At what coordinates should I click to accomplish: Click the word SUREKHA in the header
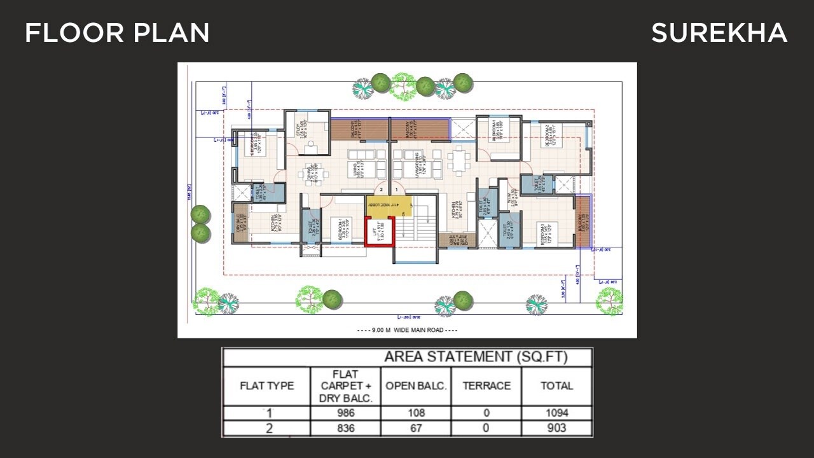tap(719, 33)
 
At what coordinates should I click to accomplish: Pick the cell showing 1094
tap(556, 413)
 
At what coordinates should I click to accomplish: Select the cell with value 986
tap(345, 413)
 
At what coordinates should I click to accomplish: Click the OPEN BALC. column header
tap(417, 385)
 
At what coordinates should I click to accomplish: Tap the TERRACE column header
tap(486, 385)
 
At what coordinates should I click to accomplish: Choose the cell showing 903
tap(556, 428)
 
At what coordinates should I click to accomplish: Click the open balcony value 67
tap(417, 428)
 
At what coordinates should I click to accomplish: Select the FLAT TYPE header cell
tap(266, 385)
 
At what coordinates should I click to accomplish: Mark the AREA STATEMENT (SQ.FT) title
tap(475, 357)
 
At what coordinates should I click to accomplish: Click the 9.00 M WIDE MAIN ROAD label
tap(407, 330)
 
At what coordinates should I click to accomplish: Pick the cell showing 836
tap(345, 428)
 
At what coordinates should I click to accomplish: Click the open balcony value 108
tap(417, 413)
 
